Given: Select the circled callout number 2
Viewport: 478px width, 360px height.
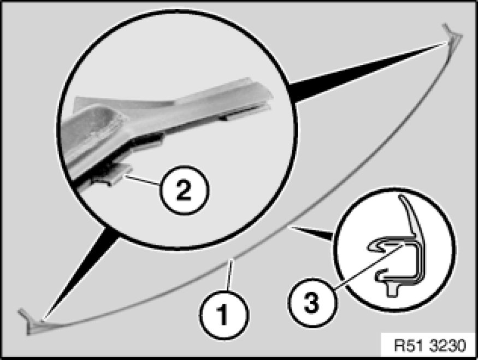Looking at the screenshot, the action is (184, 190).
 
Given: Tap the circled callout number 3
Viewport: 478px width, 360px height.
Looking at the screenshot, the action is (311, 303).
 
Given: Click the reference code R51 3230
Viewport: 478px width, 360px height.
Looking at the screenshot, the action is (429, 345).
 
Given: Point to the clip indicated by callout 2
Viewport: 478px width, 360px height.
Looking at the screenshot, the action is (112, 175).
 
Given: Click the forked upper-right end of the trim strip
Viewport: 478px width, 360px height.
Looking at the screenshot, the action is (453, 34).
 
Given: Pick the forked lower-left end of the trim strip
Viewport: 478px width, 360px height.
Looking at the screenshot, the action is (30, 322).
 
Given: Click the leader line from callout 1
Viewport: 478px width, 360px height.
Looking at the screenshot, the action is (229, 274).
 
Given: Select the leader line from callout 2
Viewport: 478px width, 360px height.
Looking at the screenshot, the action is (141, 180).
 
